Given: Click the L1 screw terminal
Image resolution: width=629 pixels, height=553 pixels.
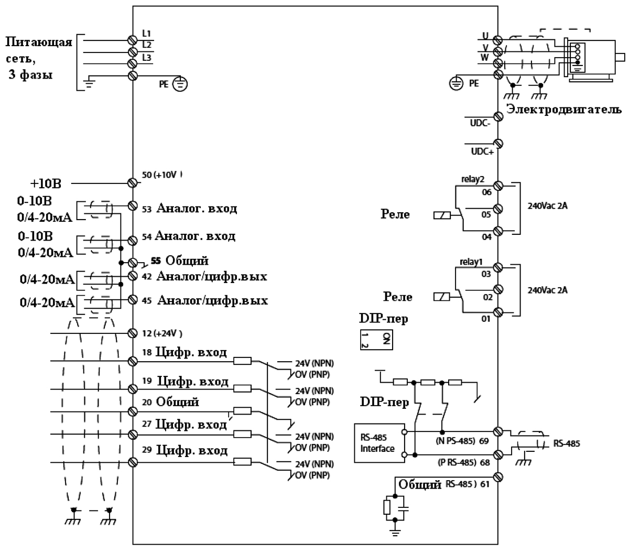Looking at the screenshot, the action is point(133,40).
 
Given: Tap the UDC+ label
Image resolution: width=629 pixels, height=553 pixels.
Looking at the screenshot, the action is point(482,151).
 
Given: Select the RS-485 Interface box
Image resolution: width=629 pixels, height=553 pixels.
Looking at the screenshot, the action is point(379,443).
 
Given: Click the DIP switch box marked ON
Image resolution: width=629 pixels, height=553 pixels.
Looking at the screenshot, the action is point(376,340).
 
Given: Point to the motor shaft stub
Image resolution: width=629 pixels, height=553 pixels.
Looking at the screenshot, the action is point(620,57).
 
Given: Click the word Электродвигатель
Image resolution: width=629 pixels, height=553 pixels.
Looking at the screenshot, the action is point(564,110).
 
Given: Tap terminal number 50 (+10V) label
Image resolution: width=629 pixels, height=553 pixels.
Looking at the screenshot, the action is point(162,175).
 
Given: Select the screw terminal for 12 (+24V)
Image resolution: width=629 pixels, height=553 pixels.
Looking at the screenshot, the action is point(133,333).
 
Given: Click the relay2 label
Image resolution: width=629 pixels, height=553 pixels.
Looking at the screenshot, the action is point(472,179).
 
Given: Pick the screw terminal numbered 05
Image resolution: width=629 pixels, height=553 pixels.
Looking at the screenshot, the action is point(498,209).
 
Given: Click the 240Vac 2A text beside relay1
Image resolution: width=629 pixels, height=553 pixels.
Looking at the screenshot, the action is point(547,290).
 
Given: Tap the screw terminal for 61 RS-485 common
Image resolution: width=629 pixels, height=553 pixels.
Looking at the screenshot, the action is point(498,477).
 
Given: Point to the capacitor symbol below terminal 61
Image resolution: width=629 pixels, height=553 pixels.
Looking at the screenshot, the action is point(404,508).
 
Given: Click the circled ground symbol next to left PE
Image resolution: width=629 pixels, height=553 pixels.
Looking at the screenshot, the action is point(180,84).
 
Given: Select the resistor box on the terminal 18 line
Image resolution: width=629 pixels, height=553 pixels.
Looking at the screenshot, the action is point(242,361).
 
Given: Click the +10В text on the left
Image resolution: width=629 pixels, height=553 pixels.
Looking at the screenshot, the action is point(46,183).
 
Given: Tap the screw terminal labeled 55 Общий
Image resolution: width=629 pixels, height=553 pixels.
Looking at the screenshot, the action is point(133,263).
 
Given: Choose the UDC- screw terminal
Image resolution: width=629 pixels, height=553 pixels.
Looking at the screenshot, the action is point(498,117).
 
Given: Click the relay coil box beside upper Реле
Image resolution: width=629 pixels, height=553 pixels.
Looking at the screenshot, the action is point(442,215).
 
